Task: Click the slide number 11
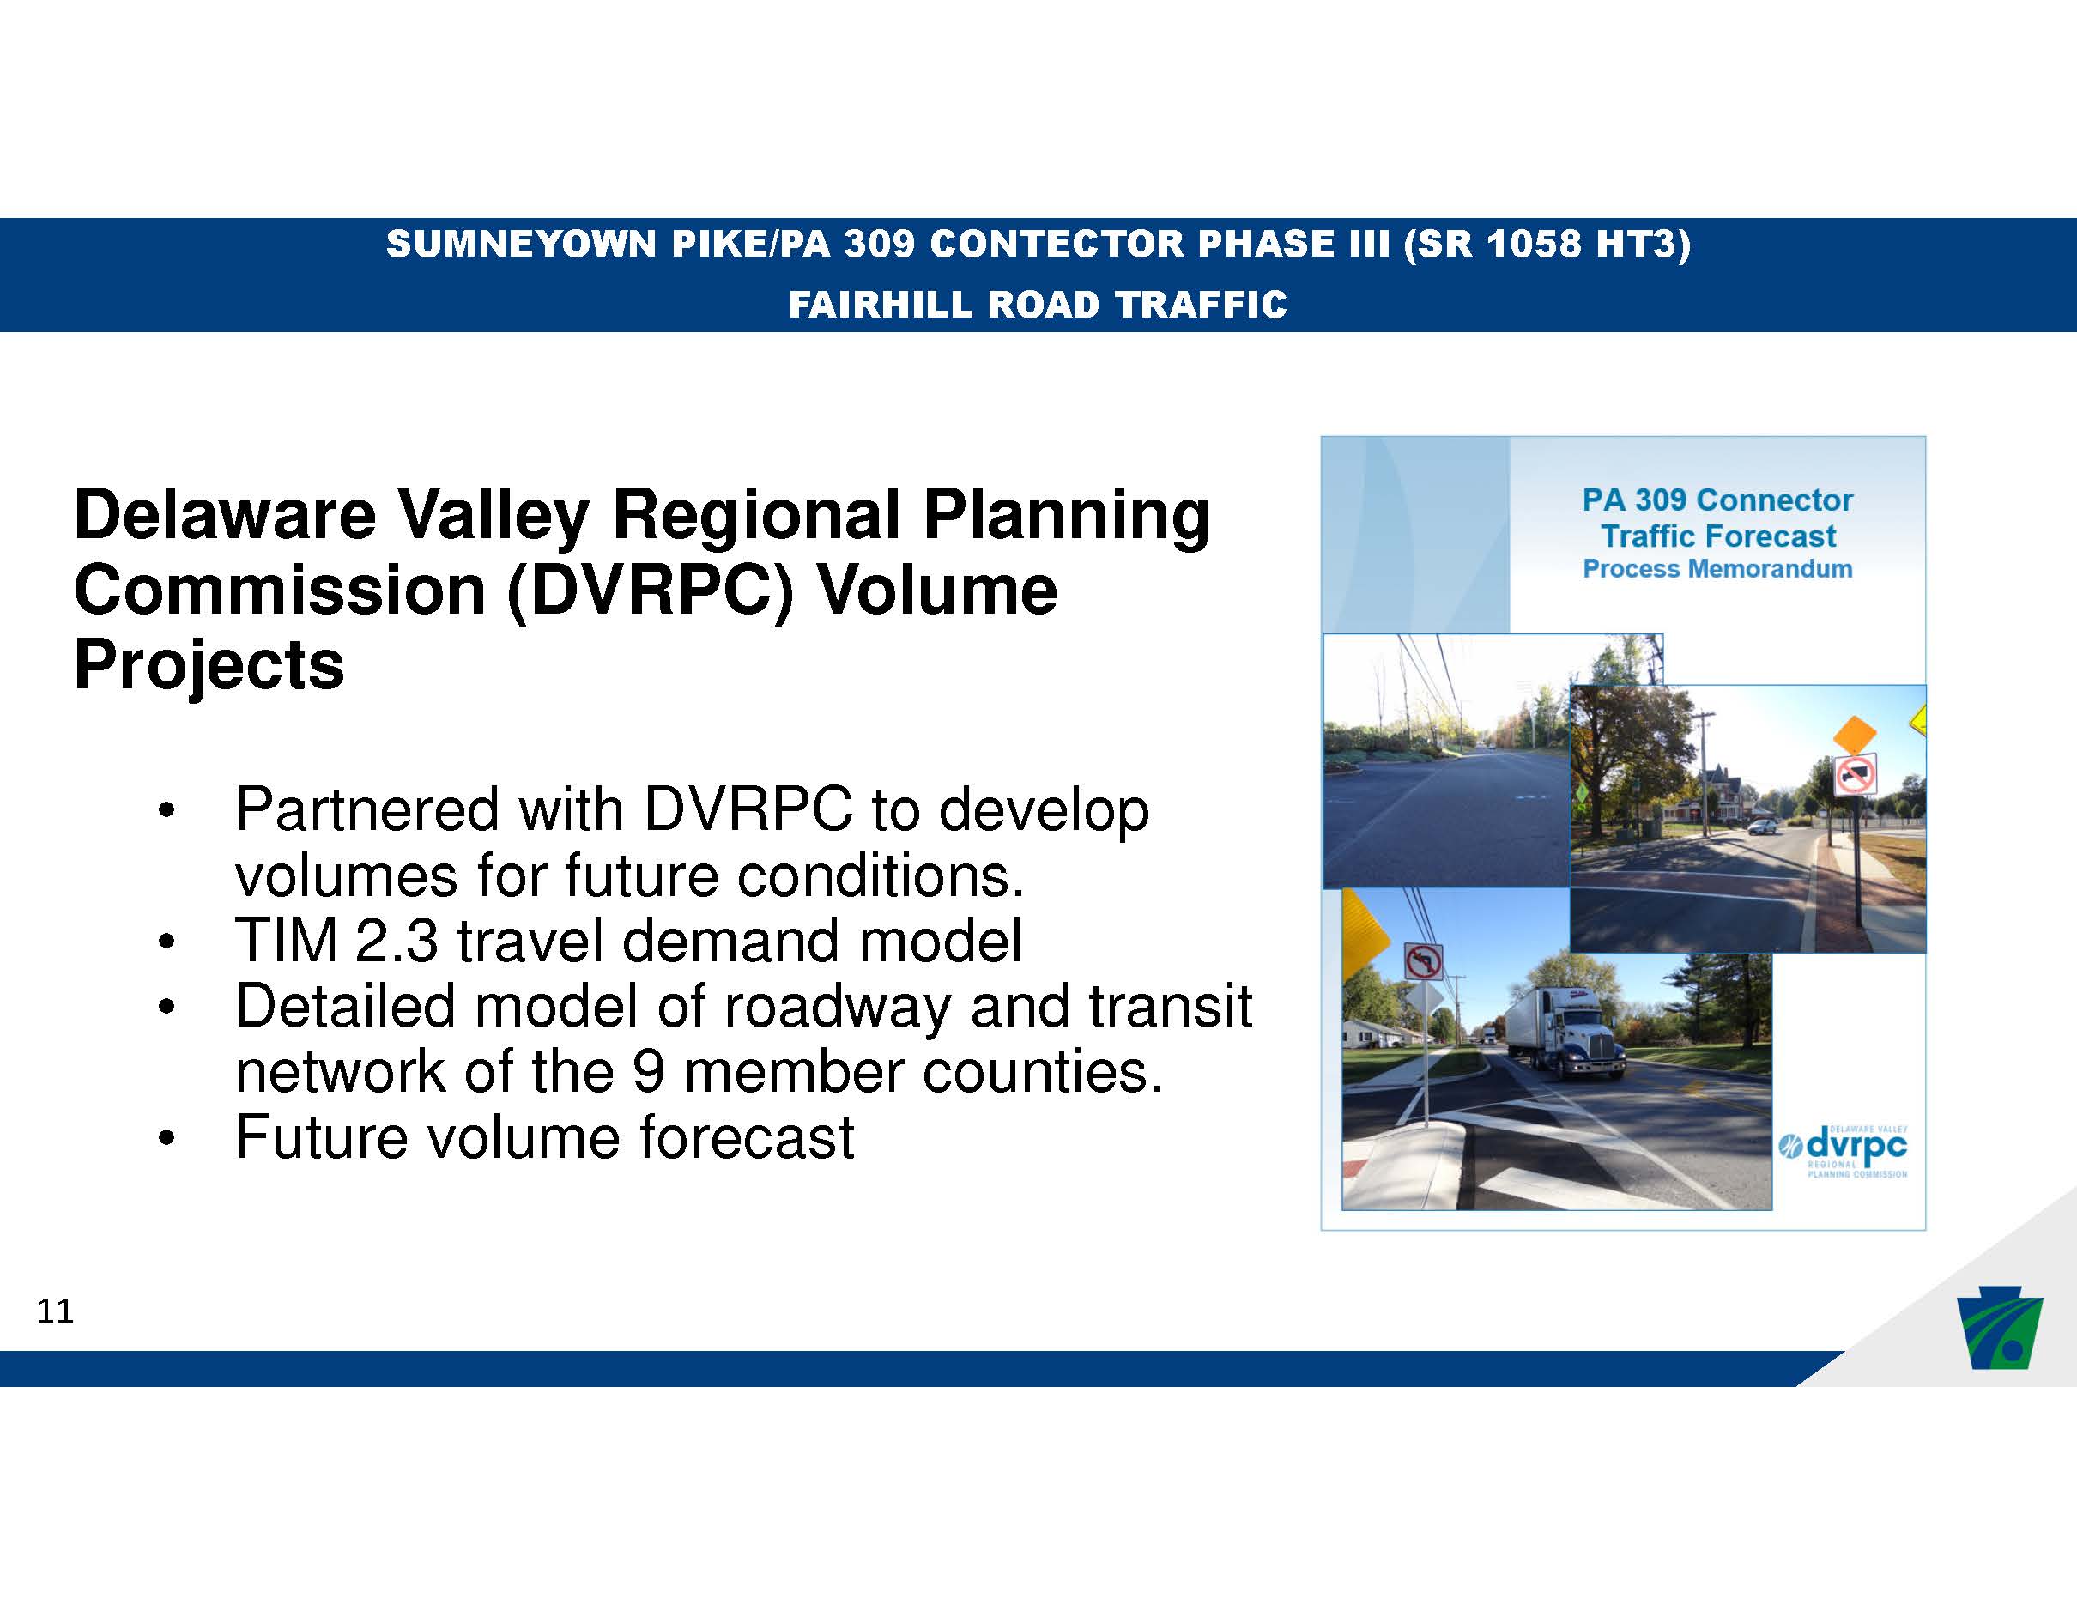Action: [55, 1311]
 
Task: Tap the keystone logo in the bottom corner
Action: [1998, 1331]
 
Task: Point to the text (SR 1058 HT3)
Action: [1547, 245]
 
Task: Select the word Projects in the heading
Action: [209, 665]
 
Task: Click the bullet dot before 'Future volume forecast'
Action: [167, 1138]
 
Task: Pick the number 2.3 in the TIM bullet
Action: [396, 941]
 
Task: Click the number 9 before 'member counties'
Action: [648, 1072]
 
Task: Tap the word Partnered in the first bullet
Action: [368, 810]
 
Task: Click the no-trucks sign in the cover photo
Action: [1856, 776]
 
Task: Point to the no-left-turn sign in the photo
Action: [1423, 960]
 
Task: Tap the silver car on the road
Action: [1762, 827]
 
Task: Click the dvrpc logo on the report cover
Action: [1843, 1150]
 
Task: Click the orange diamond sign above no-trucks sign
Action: [1855, 734]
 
